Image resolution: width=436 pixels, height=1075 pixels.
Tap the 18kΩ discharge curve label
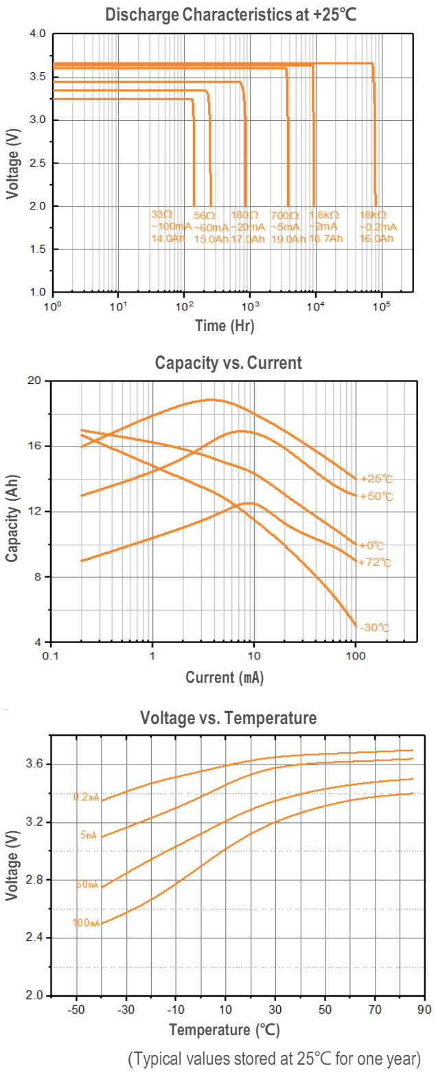(373, 215)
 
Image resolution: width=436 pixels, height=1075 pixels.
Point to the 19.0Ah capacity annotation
(288, 239)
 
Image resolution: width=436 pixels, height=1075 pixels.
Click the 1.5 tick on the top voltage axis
(37, 249)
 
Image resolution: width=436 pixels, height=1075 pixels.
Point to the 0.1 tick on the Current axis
(49, 657)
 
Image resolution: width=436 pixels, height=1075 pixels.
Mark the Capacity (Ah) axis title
(13, 511)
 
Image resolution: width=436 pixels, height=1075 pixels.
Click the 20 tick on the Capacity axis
(36, 381)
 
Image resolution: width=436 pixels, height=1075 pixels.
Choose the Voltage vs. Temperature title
(228, 718)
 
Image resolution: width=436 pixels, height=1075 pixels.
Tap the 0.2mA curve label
(87, 797)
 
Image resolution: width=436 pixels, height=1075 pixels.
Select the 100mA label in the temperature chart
(86, 923)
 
